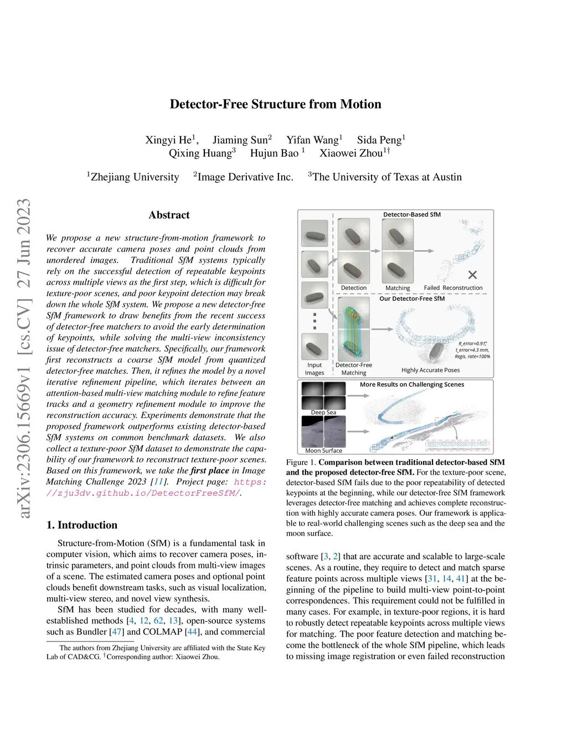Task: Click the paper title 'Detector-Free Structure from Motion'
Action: (275, 104)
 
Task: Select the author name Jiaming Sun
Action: (240, 140)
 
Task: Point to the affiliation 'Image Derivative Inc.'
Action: (245, 177)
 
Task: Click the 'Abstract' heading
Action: (169, 215)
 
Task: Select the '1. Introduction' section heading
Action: (82, 525)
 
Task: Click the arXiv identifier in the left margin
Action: (24, 358)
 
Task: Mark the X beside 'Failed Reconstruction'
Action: (472, 275)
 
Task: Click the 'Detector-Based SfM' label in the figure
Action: (412, 214)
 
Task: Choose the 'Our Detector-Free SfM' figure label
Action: (412, 299)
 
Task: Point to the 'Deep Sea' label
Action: (323, 412)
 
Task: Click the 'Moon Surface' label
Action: (323, 450)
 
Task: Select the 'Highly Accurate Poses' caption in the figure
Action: (430, 370)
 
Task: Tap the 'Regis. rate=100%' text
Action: (472, 356)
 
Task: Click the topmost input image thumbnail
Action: (315, 233)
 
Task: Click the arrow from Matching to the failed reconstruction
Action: (424, 251)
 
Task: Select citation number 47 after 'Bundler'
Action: (117, 632)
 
